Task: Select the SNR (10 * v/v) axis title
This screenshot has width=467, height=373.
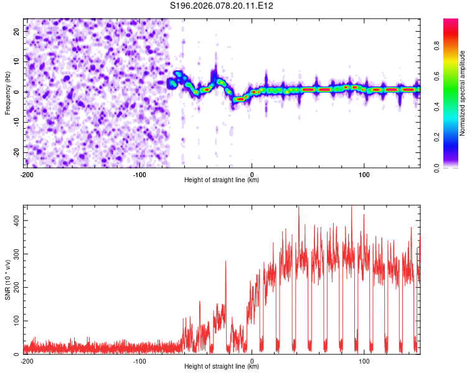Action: [8, 280]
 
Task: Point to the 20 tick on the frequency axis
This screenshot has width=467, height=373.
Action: [17, 30]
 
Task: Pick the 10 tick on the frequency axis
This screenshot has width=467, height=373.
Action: [17, 61]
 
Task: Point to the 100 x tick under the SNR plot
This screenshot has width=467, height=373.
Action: [364, 361]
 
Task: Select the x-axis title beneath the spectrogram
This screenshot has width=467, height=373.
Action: [222, 180]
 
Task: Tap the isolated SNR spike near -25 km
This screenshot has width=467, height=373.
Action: [225, 262]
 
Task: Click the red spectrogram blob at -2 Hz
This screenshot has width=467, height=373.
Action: [240, 99]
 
